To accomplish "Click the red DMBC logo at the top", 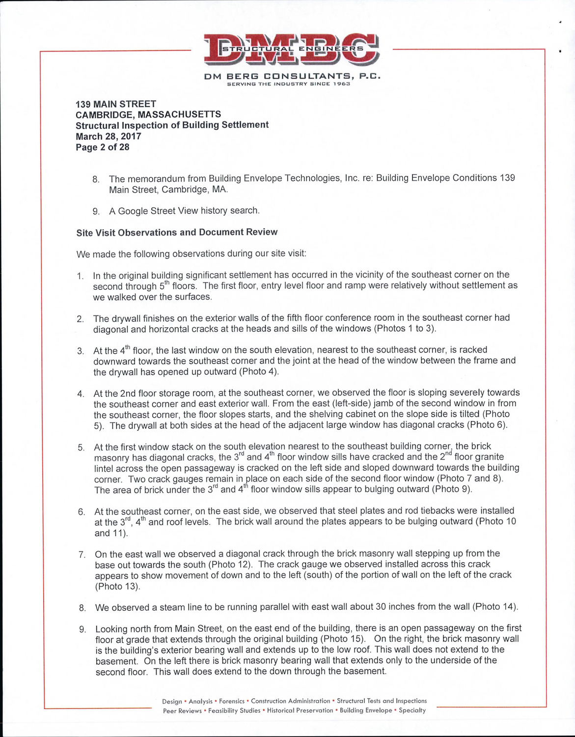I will [292, 49].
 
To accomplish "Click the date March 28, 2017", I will [108, 136].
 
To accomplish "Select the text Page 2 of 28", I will [102, 147].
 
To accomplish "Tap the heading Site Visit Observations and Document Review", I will [177, 232].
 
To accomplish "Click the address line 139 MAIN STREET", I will [115, 104].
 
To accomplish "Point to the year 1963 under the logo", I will [341, 84].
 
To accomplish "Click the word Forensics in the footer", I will [232, 701].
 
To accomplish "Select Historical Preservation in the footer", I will [300, 710].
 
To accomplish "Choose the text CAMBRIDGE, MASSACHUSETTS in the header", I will [148, 114].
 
